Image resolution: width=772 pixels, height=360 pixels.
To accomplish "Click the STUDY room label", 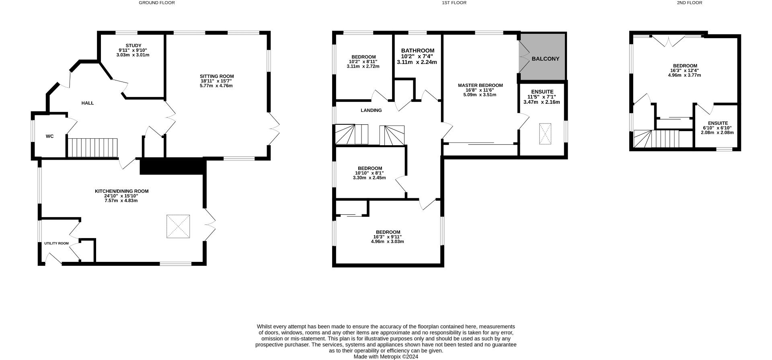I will coord(133,45).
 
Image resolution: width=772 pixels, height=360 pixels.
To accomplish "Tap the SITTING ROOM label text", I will coord(217,76).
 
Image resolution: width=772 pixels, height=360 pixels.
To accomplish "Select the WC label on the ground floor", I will coord(49,136).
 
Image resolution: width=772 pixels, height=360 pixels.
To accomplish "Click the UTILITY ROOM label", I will coord(56,243).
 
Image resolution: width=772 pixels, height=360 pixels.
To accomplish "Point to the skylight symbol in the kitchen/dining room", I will coord(178,226).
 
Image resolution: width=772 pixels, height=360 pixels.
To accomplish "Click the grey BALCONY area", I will coord(545,58).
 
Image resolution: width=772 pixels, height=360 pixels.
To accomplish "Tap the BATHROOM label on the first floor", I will coord(417,51).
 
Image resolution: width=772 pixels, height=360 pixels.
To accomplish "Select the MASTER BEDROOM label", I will coord(480,85).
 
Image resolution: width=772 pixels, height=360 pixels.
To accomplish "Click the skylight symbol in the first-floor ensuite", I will coord(545,134).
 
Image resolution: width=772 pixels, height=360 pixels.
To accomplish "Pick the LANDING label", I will coord(371,110).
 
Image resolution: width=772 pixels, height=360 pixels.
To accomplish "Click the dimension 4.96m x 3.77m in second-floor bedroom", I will coord(685,75).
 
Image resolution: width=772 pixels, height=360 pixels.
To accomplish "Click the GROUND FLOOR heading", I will coord(157,3).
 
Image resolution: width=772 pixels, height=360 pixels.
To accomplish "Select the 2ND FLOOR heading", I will coord(689,3).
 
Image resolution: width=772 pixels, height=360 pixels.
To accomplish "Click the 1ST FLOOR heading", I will coord(454,3).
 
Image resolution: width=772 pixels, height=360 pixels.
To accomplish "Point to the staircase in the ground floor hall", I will coord(92,148).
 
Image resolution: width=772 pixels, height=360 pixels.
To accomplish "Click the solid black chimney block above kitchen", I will coord(172,167).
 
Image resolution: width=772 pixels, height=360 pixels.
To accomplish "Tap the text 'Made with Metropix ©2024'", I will coord(386,356).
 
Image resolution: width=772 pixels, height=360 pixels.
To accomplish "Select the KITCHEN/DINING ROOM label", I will coord(121,191).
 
